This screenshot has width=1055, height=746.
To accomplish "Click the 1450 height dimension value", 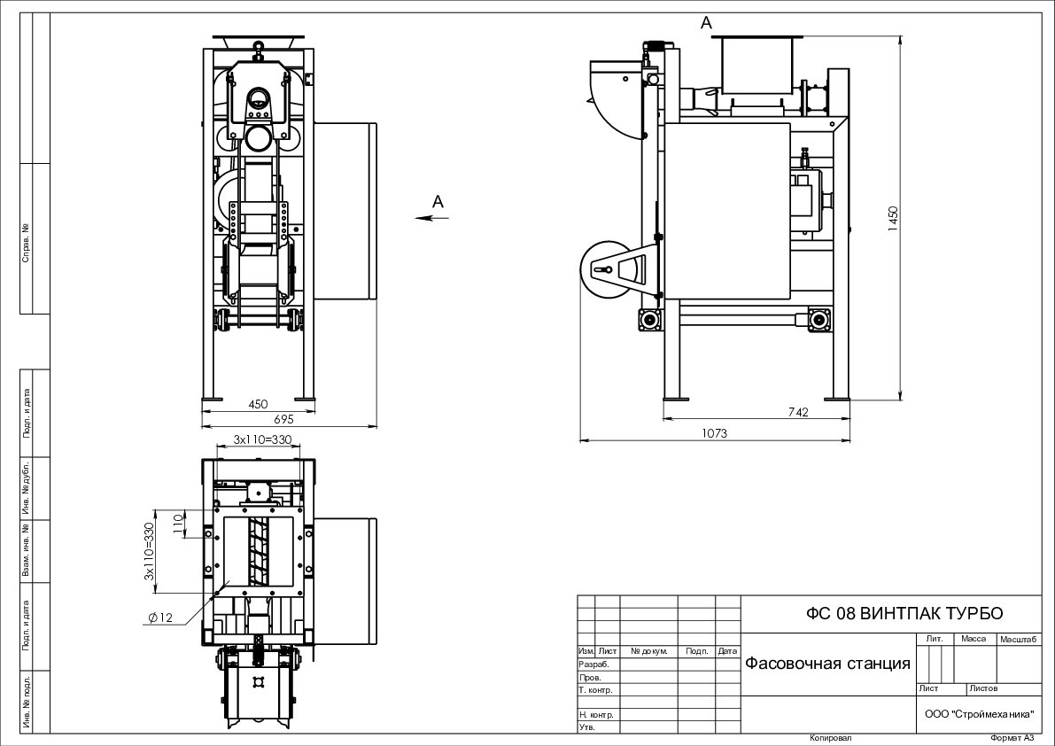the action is (893, 220).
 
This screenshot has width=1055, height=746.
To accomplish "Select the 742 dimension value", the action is (798, 412).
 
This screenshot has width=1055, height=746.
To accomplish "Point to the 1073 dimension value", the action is (714, 433).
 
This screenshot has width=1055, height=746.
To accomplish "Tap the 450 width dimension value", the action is (258, 404).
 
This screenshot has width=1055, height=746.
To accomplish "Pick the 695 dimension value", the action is (284, 419).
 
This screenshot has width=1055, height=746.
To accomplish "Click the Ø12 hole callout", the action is (161, 618).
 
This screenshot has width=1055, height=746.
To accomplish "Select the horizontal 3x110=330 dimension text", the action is (262, 439).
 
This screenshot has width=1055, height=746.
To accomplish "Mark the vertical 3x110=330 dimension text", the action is (149, 553).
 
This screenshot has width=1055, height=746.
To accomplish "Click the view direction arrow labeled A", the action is (431, 217).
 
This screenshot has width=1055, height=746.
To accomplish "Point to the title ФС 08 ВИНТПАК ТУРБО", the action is (904, 613).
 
